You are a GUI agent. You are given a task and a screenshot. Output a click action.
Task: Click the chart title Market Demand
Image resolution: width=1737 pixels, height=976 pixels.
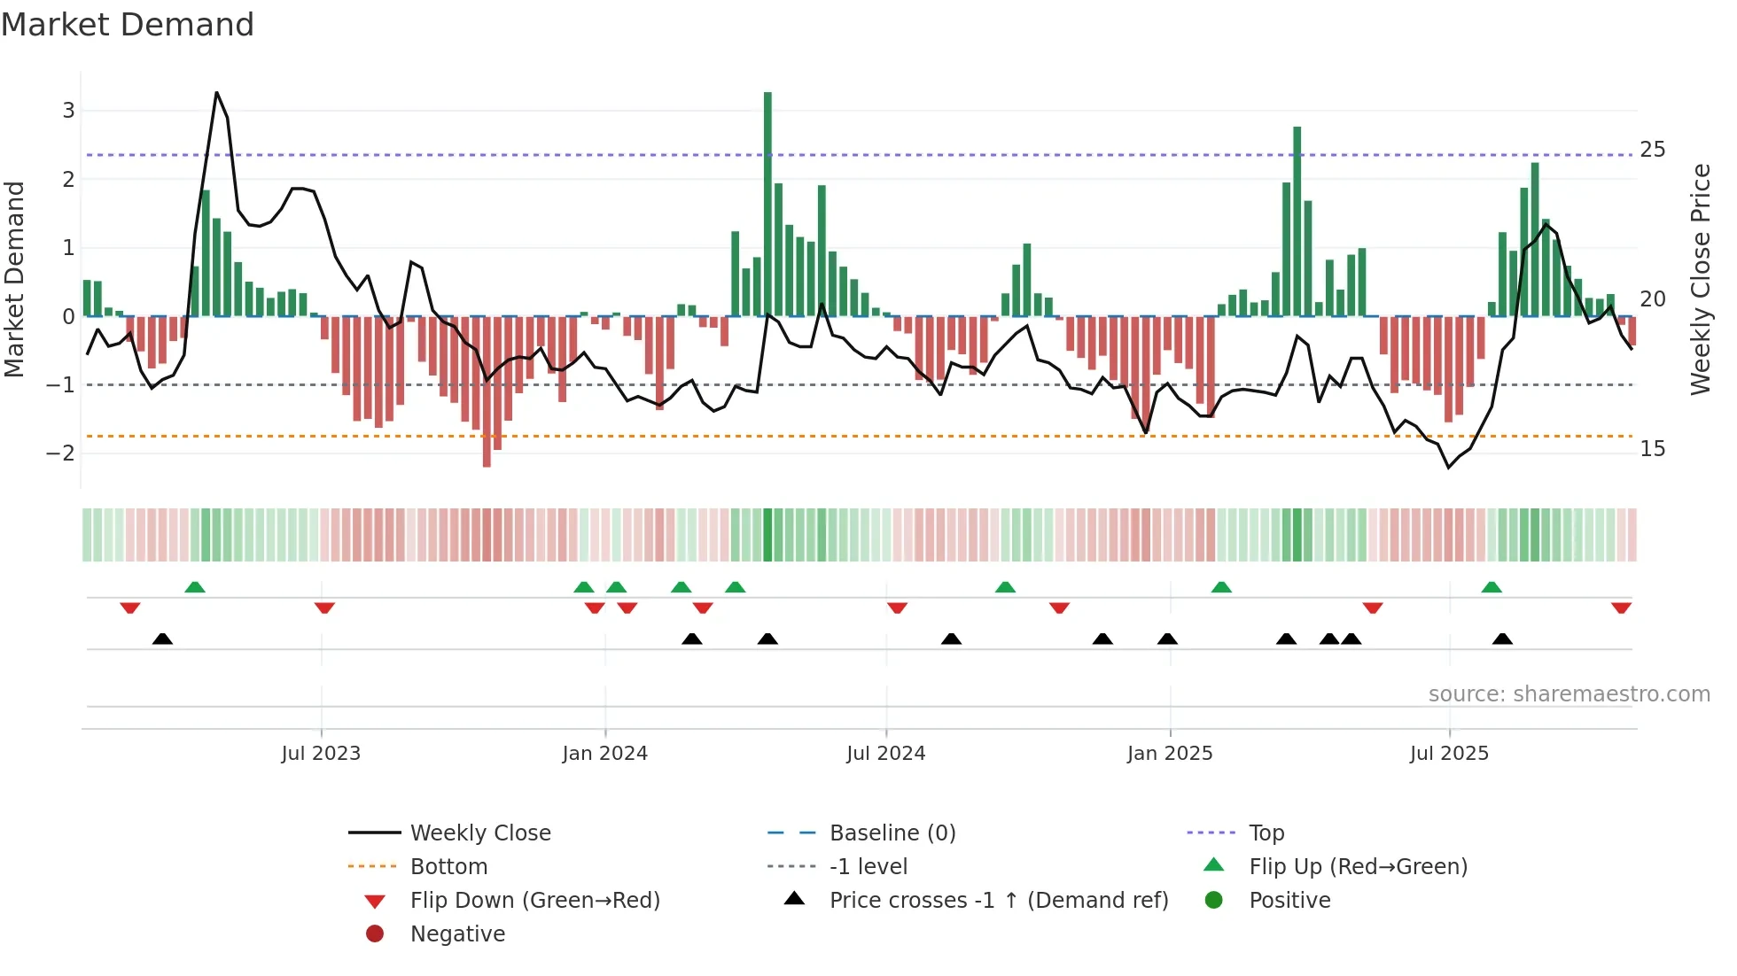pyautogui.click(x=128, y=25)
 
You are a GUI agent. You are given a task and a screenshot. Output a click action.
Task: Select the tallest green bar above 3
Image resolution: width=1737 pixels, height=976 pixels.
pyautogui.click(x=767, y=204)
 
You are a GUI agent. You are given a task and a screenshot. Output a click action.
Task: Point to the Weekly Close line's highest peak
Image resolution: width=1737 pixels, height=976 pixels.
pyautogui.click(x=216, y=93)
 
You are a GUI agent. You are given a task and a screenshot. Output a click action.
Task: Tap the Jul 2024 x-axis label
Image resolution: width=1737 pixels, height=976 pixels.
pyautogui.click(x=885, y=754)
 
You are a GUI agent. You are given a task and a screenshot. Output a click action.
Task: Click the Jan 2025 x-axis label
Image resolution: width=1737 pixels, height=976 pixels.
pyautogui.click(x=1170, y=754)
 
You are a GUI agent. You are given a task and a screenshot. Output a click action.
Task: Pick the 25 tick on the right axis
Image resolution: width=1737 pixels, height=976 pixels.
pyautogui.click(x=1652, y=150)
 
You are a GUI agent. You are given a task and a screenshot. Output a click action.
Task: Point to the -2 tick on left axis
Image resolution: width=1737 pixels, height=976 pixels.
pyautogui.click(x=60, y=453)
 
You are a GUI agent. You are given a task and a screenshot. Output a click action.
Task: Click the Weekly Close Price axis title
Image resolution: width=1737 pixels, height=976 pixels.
pyautogui.click(x=1700, y=280)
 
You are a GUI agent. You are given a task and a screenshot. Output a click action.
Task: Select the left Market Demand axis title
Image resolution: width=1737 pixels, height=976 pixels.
pyautogui.click(x=14, y=280)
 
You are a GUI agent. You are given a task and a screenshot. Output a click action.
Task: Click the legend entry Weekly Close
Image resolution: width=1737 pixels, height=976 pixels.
pyautogui.click(x=479, y=833)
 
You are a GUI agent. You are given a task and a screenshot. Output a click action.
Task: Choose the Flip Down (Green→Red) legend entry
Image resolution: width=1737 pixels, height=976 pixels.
pyautogui.click(x=534, y=901)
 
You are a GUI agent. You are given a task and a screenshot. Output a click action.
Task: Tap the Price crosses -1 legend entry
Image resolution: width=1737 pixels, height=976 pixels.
pyautogui.click(x=998, y=901)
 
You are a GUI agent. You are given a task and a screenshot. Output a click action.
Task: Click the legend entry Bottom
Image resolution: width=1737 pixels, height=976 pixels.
pyautogui.click(x=448, y=867)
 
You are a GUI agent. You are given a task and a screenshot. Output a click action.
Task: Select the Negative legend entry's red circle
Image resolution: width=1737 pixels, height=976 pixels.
pyautogui.click(x=375, y=934)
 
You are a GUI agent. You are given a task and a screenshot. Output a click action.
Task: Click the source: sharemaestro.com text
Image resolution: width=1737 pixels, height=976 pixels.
pyautogui.click(x=1569, y=694)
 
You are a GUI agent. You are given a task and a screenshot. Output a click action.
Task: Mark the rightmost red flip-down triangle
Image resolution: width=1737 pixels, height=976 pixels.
pyautogui.click(x=1621, y=608)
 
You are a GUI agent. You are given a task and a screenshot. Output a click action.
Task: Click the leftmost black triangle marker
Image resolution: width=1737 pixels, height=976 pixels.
pyautogui.click(x=162, y=639)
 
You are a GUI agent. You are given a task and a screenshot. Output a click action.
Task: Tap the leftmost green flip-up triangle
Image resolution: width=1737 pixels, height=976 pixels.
pyautogui.click(x=195, y=586)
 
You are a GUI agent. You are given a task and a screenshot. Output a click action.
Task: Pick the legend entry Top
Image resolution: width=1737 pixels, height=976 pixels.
pyautogui.click(x=1266, y=833)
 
